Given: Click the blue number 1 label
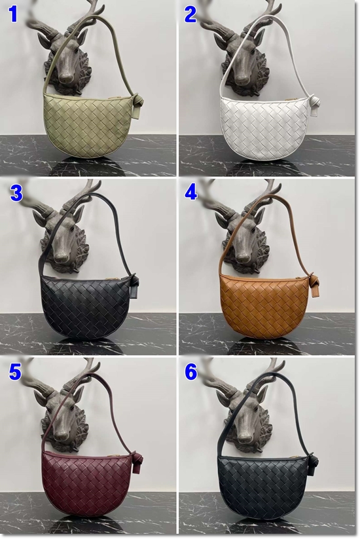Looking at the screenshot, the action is (13, 14).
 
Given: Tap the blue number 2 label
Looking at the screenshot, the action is (190, 15).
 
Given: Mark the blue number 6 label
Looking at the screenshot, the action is (191, 371).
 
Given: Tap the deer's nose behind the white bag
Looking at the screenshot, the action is (243, 77).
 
